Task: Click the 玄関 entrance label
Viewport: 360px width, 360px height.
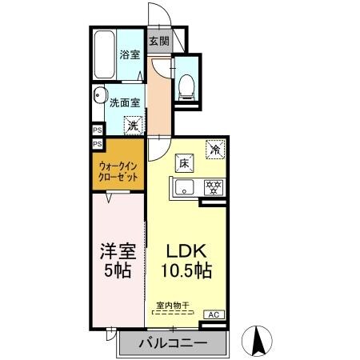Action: [x=158, y=41]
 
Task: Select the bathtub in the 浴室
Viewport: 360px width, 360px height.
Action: [x=102, y=54]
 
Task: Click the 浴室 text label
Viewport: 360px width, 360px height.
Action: [x=130, y=55]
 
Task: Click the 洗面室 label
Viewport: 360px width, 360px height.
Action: [x=126, y=103]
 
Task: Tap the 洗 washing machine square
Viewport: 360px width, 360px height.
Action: [x=134, y=125]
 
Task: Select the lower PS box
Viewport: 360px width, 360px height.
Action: [x=97, y=143]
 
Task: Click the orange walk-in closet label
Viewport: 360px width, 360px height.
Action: [x=117, y=170]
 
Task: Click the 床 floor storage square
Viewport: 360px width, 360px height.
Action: [x=183, y=163]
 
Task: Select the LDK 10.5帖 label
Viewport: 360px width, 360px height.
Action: [x=188, y=261]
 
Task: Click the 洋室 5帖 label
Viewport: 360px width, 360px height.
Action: [x=117, y=259]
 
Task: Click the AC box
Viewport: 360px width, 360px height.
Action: [x=214, y=315]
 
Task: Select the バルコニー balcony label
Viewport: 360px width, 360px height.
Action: [x=174, y=344]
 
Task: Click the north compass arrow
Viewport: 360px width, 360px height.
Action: [x=259, y=341]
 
